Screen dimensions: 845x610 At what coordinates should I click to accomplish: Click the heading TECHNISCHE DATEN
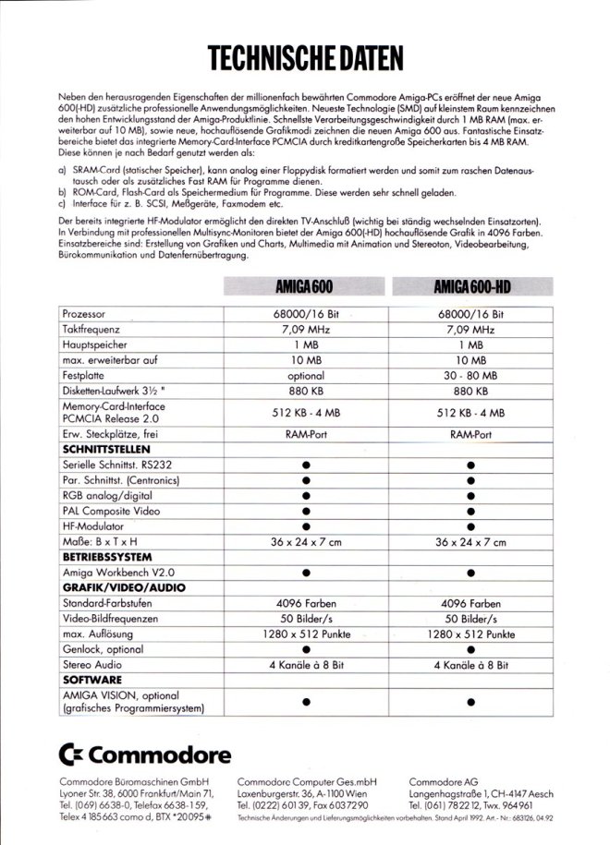[x=306, y=58]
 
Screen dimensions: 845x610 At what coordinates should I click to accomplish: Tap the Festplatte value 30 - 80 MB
[x=471, y=376]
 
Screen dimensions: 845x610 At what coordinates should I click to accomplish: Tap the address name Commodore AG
[x=447, y=780]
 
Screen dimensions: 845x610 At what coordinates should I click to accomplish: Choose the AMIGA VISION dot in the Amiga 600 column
[x=306, y=700]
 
